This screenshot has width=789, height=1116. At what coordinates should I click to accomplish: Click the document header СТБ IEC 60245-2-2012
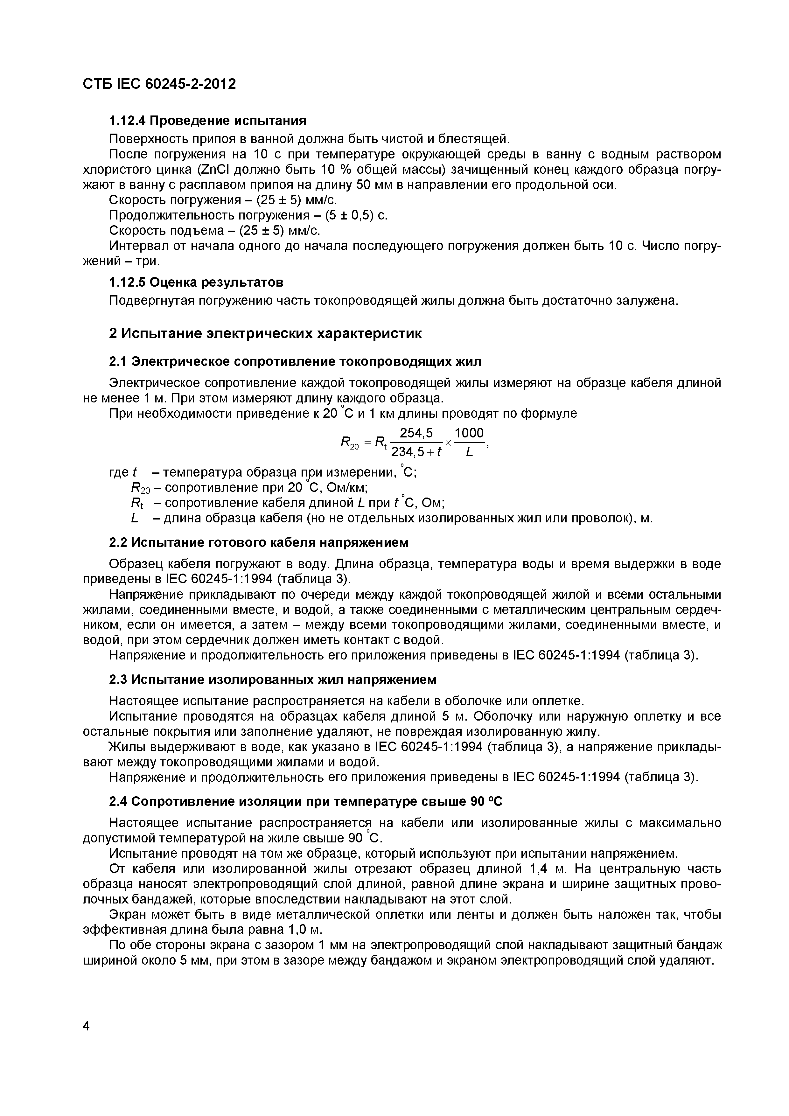[x=159, y=84]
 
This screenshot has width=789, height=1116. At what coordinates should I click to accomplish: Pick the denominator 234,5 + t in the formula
[x=416, y=452]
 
